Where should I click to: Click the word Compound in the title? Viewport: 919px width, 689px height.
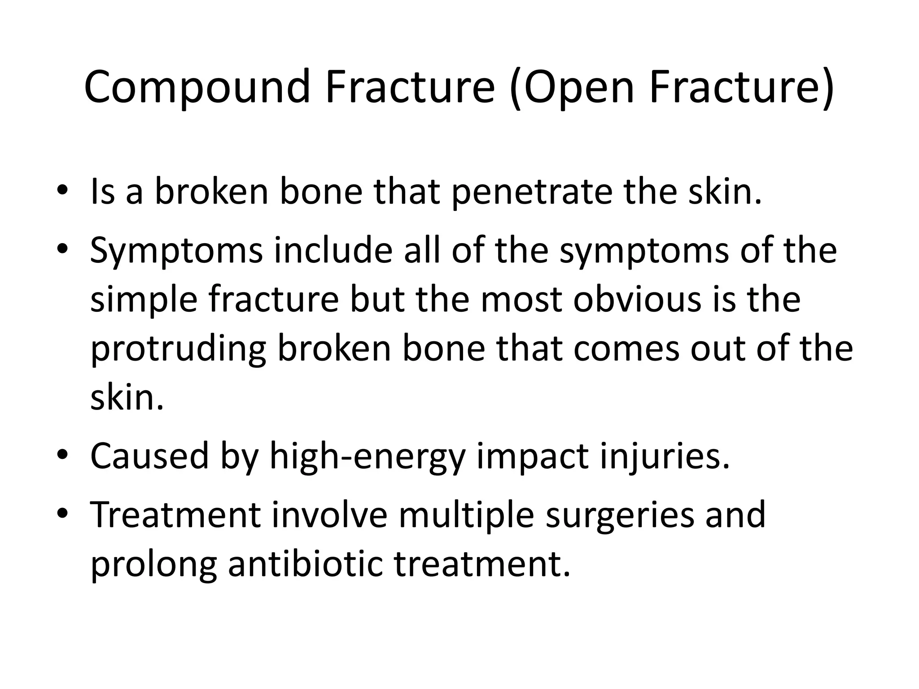click(x=197, y=86)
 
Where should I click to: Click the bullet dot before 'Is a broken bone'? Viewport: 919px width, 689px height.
click(x=62, y=190)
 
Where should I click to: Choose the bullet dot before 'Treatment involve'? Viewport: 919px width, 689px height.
click(x=62, y=513)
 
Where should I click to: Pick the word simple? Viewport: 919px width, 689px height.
click(x=144, y=300)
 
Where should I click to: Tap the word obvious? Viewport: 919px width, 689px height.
click(x=636, y=300)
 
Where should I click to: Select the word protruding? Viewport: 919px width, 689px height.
click(x=179, y=349)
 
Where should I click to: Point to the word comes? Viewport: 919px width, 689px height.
click(x=626, y=349)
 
